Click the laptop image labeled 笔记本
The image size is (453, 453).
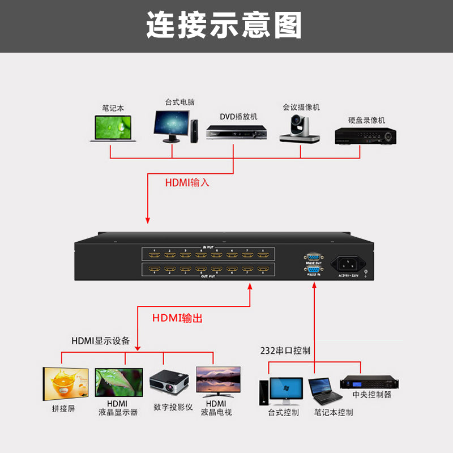pos(113,129)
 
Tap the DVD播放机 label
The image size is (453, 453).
pos(238,116)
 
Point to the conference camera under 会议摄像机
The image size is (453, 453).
pos(300,129)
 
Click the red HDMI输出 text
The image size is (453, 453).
pos(177,318)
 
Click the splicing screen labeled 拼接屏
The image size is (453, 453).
pos(66,383)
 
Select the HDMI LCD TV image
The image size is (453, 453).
pos(218,379)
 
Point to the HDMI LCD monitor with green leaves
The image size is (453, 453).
pos(119,382)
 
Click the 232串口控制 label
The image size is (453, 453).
pos(285,351)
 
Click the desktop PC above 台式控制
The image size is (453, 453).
pos(283,390)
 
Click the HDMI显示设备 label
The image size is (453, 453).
pos(100,341)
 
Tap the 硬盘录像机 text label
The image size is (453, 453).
pos(366,120)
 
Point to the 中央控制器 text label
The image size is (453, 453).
pos(371,395)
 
